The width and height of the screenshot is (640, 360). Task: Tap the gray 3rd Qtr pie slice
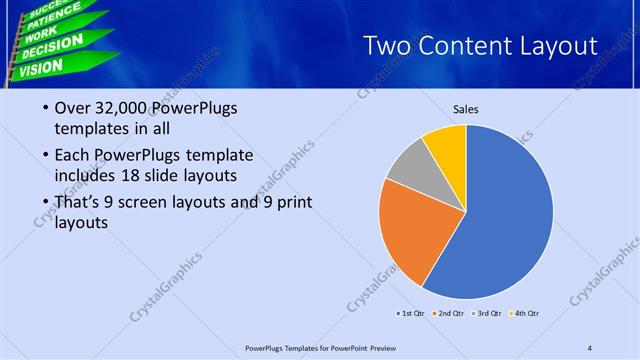[407, 164]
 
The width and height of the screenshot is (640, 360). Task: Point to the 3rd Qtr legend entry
[489, 314]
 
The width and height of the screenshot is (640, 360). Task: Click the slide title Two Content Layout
[480, 46]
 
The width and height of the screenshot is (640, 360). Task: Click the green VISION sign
[40, 68]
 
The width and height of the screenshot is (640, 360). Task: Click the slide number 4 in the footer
[590, 347]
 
